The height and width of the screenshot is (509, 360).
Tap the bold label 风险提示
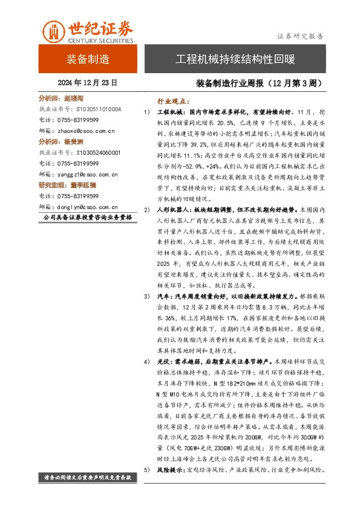171,470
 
